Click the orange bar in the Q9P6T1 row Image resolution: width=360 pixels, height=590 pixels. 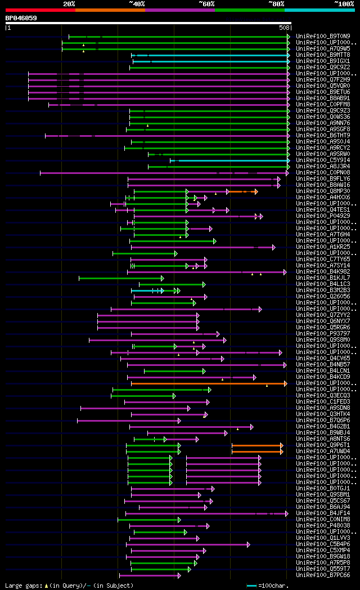[256, 445]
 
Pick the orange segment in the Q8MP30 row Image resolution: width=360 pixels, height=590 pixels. [242, 192]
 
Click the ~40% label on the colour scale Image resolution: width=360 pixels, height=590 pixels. [137, 4]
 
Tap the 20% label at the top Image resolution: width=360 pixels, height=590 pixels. [69, 4]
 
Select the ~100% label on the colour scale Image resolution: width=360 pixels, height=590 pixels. [344, 4]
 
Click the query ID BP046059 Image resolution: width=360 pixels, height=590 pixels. [21, 18]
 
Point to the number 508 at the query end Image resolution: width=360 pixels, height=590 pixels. [284, 28]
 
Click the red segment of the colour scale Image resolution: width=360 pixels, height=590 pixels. [40, 10]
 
